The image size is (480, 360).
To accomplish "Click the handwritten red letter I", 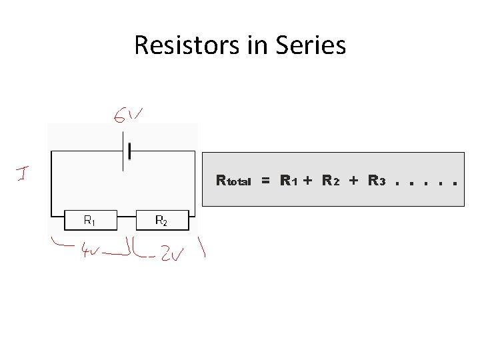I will (21, 174).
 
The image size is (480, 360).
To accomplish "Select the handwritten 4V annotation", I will (89, 253).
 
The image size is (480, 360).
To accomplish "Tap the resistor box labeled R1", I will (89, 219).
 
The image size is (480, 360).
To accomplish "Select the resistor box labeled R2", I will (161, 219).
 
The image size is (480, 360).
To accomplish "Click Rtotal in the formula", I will (233, 181).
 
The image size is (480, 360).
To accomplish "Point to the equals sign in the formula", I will (265, 181).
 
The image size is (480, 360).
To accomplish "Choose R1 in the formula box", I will (289, 181).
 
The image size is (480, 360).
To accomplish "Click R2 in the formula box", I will (331, 181).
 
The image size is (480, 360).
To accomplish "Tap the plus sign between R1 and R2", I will (308, 181).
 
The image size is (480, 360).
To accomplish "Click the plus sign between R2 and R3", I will (353, 181).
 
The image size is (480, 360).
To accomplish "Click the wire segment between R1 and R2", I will (125, 216).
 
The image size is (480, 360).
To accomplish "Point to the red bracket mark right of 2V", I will (201, 251).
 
